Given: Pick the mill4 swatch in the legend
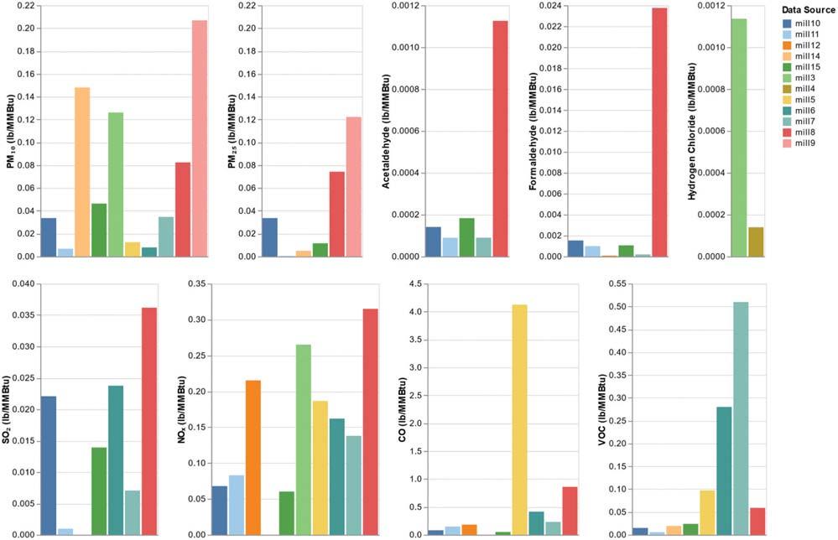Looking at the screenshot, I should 785,88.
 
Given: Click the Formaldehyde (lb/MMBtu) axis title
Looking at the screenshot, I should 534,130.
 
